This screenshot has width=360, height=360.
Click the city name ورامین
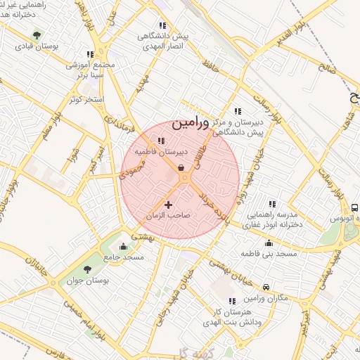(190, 122)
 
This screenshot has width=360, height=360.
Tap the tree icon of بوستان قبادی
(37, 34)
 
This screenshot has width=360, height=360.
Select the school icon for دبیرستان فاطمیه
(162, 141)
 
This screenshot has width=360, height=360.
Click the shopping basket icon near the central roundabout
(181, 167)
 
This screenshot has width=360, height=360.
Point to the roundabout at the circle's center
(184, 179)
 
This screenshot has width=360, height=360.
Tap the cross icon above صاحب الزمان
(168, 204)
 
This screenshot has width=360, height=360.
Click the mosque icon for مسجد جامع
(124, 246)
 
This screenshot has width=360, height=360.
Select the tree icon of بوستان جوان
(87, 269)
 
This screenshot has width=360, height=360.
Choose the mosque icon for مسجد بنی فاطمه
(268, 243)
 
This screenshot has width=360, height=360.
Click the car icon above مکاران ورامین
(266, 287)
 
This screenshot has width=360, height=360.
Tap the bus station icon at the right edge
(354, 208)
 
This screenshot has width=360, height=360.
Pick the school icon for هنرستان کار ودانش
(233, 300)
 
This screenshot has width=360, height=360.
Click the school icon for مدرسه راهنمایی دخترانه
(272, 203)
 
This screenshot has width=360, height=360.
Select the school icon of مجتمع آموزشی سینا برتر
(89, 53)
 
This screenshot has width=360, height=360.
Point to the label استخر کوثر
(86, 99)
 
